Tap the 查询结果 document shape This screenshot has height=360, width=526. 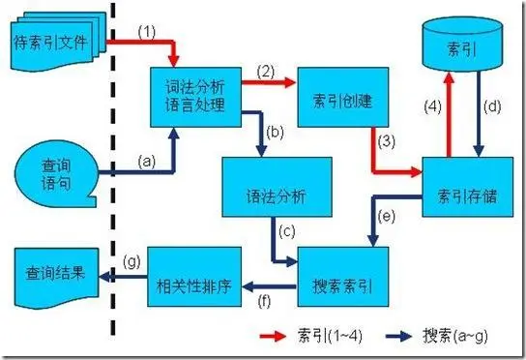pyautogui.click(x=56, y=276)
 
